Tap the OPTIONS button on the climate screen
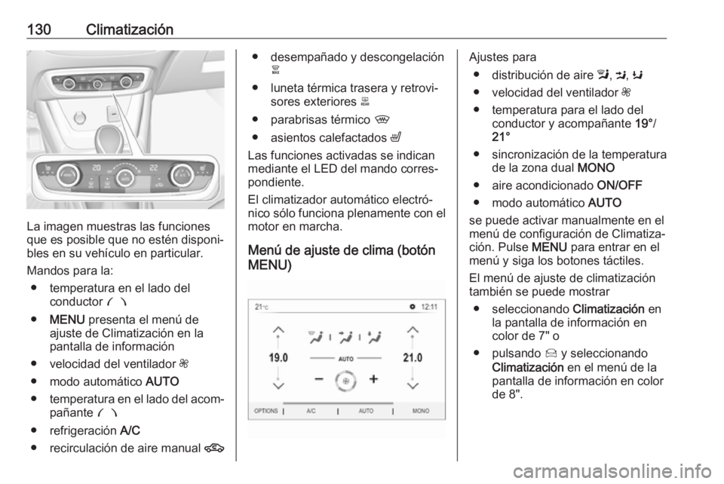click(x=265, y=412)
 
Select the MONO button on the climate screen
click(x=421, y=412)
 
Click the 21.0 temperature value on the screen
click(x=413, y=357)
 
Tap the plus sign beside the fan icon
click(x=373, y=379)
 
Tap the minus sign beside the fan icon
click(x=320, y=379)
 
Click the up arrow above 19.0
click(x=278, y=329)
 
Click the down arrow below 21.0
click(x=413, y=384)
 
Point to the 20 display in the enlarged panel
click(x=96, y=167)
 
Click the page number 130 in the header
click(x=39, y=30)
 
